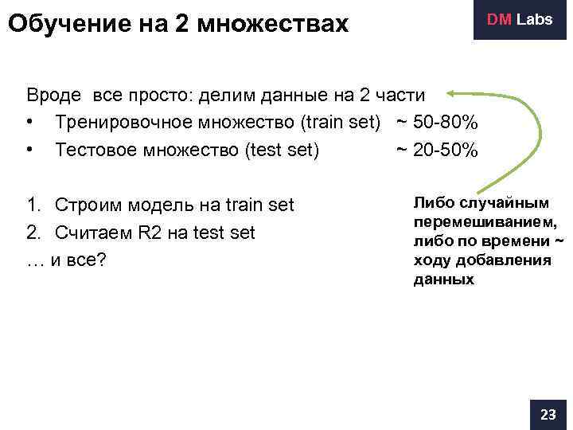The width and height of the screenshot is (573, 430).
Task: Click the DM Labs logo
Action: (x=520, y=19)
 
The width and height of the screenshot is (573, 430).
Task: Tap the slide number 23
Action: (x=548, y=415)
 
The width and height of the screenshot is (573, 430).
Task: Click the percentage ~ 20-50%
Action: (x=437, y=150)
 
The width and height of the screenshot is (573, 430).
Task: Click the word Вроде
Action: (x=53, y=96)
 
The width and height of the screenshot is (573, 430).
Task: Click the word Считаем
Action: (x=91, y=233)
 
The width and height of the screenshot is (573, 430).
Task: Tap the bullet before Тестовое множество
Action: (x=29, y=150)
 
